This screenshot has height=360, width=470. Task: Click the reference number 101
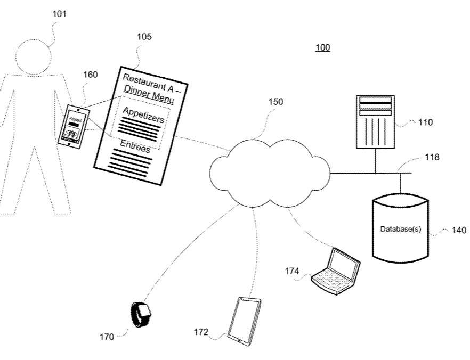[x=59, y=14]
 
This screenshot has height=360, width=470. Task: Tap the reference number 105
[x=144, y=37]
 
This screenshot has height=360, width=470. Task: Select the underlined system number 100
[x=322, y=48]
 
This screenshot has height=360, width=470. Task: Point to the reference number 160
[x=90, y=75]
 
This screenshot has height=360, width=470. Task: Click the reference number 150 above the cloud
[x=275, y=102]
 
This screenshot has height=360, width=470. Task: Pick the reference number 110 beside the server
[x=425, y=122]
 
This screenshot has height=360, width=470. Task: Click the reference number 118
[x=432, y=158]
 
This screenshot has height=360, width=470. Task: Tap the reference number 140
[x=458, y=230]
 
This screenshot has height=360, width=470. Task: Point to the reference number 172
[x=200, y=332]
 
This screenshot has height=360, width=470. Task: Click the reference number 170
[x=107, y=337]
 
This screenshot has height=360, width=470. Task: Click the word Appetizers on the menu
[x=143, y=114]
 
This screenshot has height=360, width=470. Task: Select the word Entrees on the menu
[x=135, y=146]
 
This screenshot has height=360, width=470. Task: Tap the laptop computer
[x=336, y=271]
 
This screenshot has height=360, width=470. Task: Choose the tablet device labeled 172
[x=244, y=321]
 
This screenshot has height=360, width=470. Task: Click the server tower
[x=375, y=122]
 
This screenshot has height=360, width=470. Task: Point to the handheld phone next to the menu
[x=73, y=125]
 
